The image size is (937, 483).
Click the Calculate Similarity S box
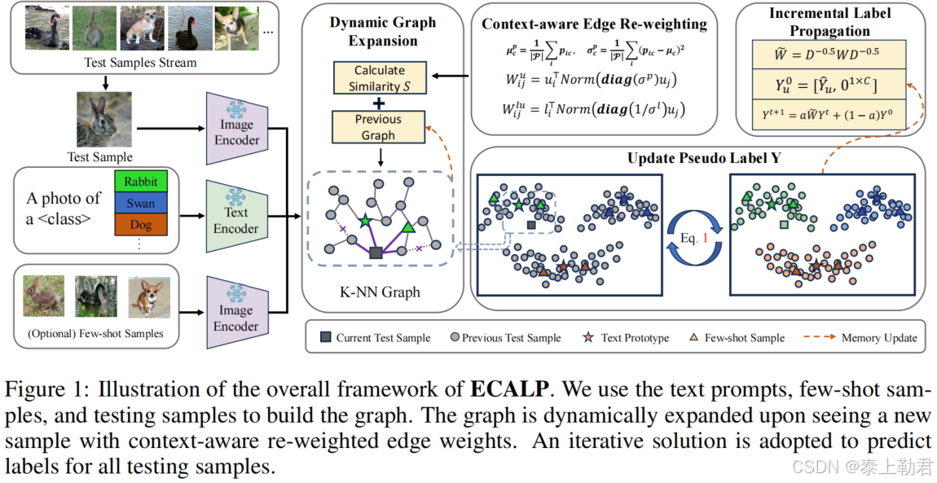(379, 77)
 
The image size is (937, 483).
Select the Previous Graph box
(378, 127)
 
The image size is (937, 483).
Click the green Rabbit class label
(141, 180)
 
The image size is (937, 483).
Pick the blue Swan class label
(141, 201)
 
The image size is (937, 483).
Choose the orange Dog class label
(141, 222)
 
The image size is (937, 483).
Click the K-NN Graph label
(379, 292)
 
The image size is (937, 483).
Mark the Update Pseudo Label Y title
(704, 157)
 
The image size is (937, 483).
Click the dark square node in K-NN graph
(375, 254)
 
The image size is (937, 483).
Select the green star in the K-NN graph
(364, 221)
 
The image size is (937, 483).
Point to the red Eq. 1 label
(696, 237)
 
